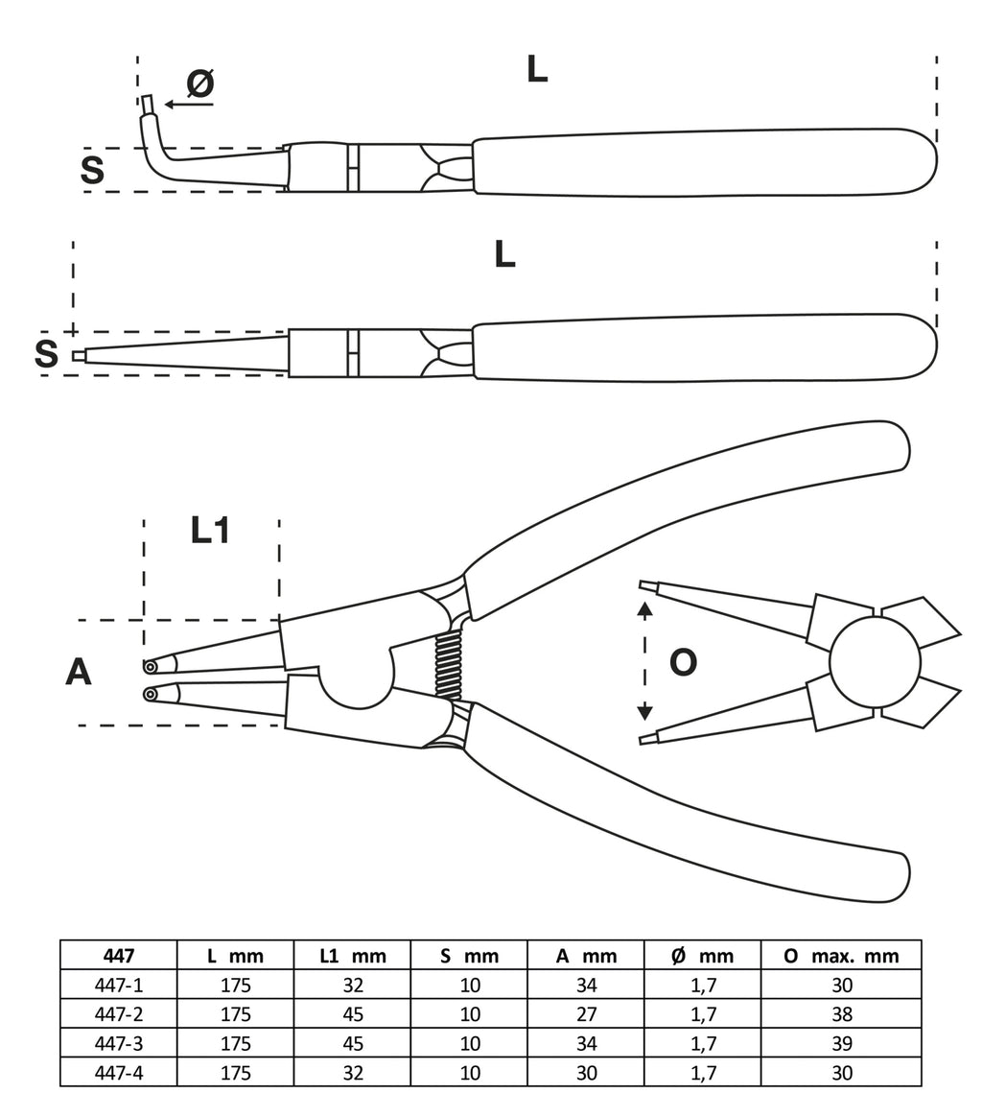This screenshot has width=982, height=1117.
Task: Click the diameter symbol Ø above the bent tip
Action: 199,84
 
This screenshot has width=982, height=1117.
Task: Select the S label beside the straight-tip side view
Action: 46,354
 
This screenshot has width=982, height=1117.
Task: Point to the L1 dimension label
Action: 210,530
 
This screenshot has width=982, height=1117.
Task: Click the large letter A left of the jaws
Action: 79,672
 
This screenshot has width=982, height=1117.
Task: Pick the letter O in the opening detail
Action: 683,662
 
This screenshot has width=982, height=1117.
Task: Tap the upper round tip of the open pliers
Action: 151,667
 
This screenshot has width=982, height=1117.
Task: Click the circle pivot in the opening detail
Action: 875,662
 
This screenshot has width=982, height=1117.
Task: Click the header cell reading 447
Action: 118,956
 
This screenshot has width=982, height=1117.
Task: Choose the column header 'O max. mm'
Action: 841,956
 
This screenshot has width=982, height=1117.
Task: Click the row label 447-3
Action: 118,1043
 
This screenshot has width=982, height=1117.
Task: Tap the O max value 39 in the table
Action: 841,1043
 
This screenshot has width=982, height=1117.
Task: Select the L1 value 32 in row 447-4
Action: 352,1073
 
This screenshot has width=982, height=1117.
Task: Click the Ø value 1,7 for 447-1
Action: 703,985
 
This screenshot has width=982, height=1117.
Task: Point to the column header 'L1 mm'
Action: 352,956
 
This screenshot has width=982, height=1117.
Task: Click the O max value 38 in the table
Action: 841,1014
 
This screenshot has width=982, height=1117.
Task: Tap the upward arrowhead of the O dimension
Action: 645,608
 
